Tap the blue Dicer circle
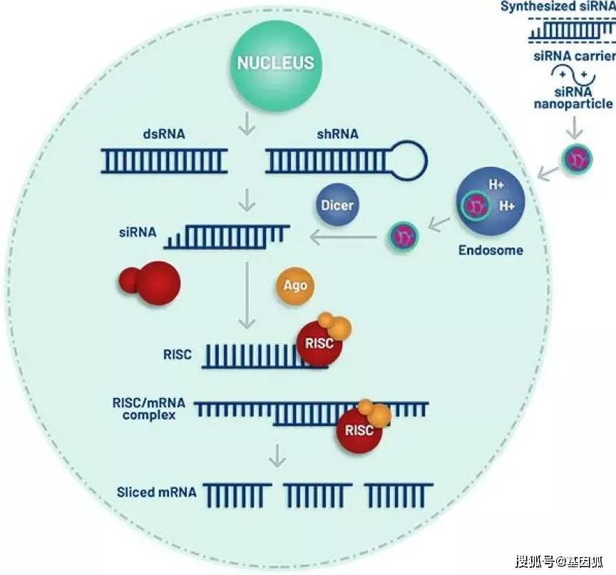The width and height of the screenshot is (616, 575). (337, 205)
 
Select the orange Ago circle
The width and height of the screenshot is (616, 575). (294, 285)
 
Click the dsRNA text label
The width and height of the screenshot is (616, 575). (163, 132)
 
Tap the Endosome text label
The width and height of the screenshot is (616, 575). (491, 250)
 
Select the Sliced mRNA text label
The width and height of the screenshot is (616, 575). (156, 493)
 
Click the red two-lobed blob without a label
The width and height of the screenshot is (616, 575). (151, 282)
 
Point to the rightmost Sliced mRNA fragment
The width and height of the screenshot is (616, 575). (397, 493)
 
